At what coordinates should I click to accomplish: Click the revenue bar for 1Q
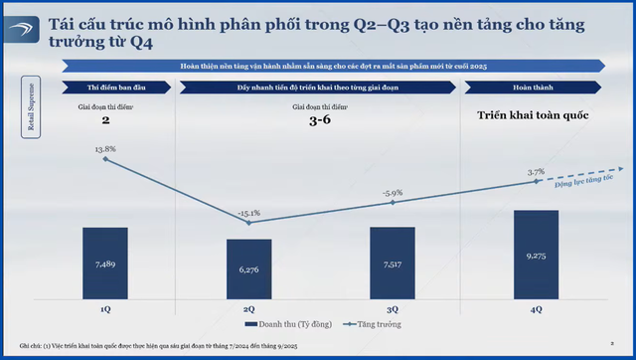tap(106, 263)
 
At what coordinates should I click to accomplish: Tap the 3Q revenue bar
tap(394, 263)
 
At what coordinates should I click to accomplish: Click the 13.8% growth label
tap(104, 148)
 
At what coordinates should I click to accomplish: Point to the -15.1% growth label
tap(249, 212)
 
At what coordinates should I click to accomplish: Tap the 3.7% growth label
tap(538, 171)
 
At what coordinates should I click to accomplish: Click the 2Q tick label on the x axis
tap(249, 309)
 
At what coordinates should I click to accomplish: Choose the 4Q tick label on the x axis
tap(538, 309)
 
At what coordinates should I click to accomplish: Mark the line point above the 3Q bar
tap(394, 203)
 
